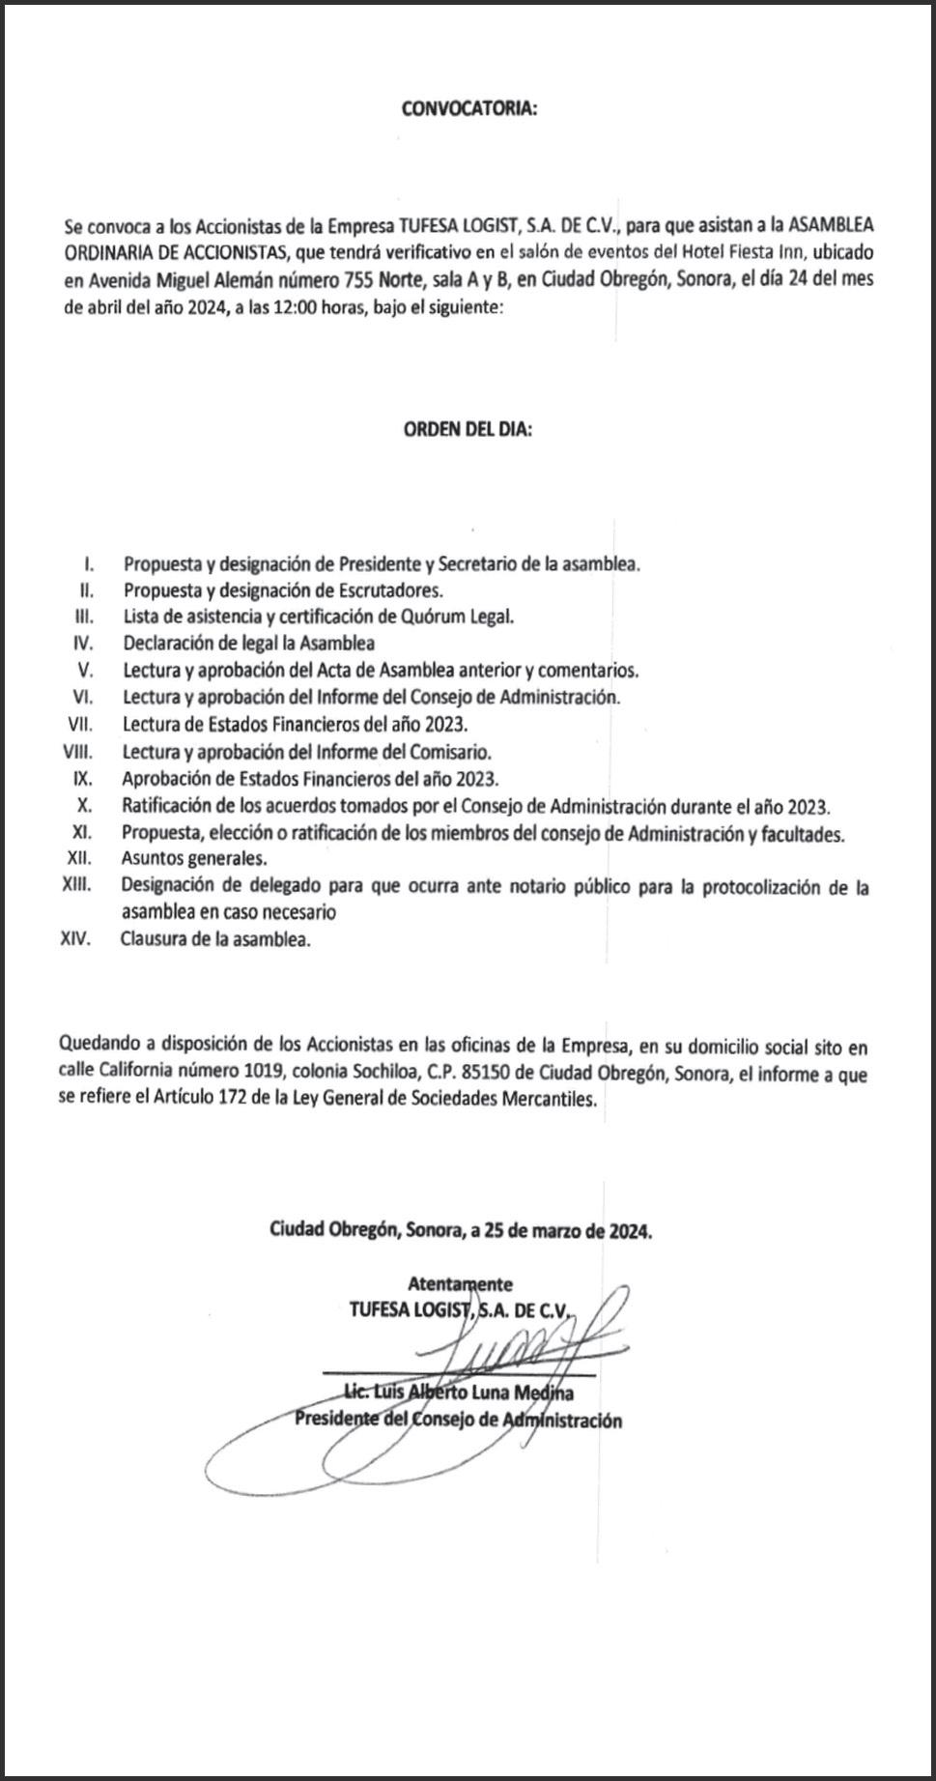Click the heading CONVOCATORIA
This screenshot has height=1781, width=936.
pyautogui.click(x=468, y=109)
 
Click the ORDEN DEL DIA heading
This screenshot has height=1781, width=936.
pyautogui.click(x=468, y=430)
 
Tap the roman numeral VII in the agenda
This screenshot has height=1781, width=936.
pyautogui.click(x=79, y=724)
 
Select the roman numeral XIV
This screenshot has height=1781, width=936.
pyautogui.click(x=75, y=939)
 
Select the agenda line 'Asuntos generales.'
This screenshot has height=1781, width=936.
pyautogui.click(x=194, y=858)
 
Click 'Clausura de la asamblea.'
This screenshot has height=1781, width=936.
pyautogui.click(x=215, y=939)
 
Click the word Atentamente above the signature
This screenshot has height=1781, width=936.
pyautogui.click(x=460, y=1284)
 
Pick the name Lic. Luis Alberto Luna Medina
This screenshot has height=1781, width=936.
pyautogui.click(x=459, y=1393)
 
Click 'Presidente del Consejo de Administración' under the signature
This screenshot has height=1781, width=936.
pyautogui.click(x=458, y=1420)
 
